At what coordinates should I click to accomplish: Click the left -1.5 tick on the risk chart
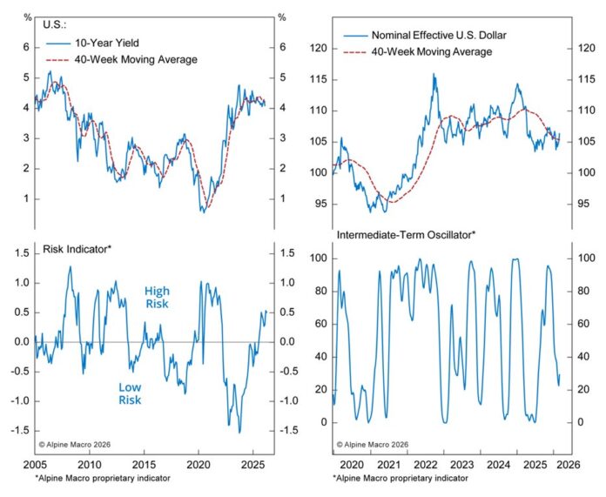pos(17,430)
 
